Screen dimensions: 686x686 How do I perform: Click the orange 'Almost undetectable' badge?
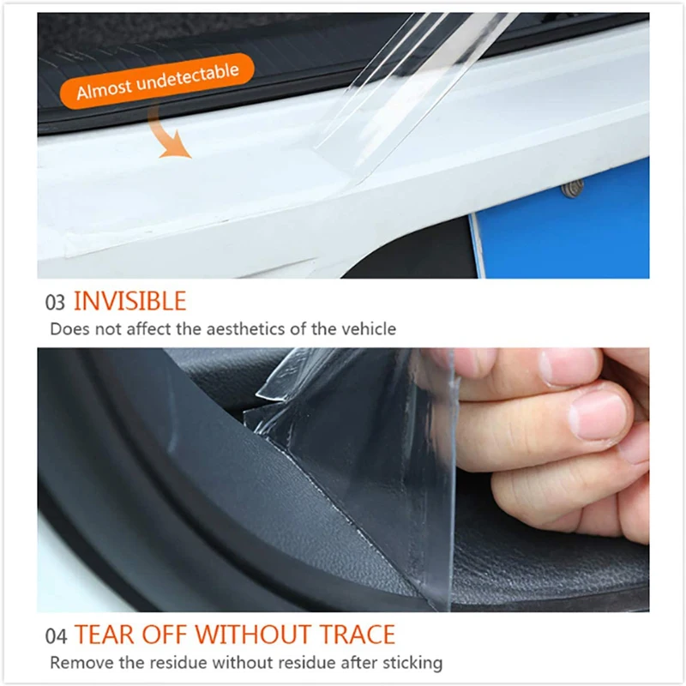pos(157,81)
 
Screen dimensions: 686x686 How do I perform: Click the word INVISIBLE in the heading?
pos(130,301)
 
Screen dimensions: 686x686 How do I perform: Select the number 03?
pos(55,303)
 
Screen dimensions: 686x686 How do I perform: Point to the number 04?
pos(56,636)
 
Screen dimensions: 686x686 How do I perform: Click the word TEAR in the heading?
pos(105,635)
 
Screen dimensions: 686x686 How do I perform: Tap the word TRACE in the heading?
pos(357,635)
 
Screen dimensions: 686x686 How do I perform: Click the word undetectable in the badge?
pos(188,78)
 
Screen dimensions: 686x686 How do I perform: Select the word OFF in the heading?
pos(165,635)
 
